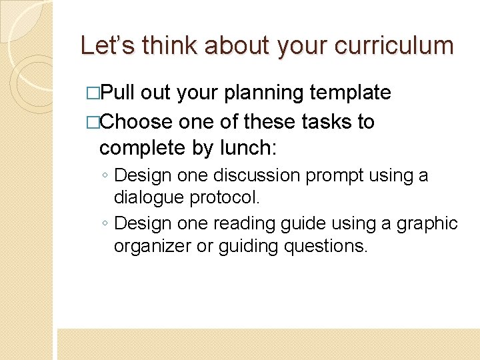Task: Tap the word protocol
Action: pyautogui.click(x=225, y=197)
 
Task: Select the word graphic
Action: pyautogui.click(x=425, y=223)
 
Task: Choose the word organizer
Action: pyautogui.click(x=151, y=246)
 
